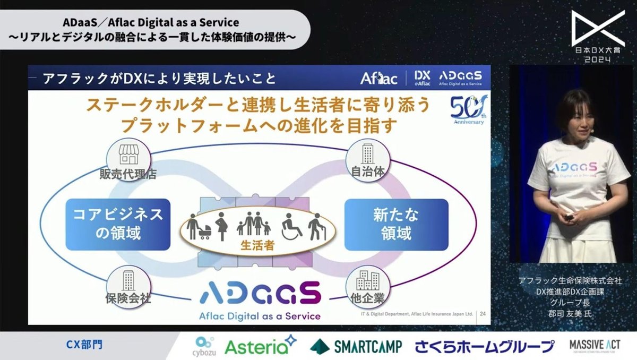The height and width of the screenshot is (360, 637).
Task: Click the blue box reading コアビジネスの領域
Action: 118,224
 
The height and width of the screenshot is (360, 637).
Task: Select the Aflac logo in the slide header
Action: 378,79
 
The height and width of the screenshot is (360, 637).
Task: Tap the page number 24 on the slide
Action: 483,314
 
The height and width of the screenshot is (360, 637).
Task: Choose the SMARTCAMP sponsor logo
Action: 356,346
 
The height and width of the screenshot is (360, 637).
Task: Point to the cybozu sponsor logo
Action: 204,345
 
